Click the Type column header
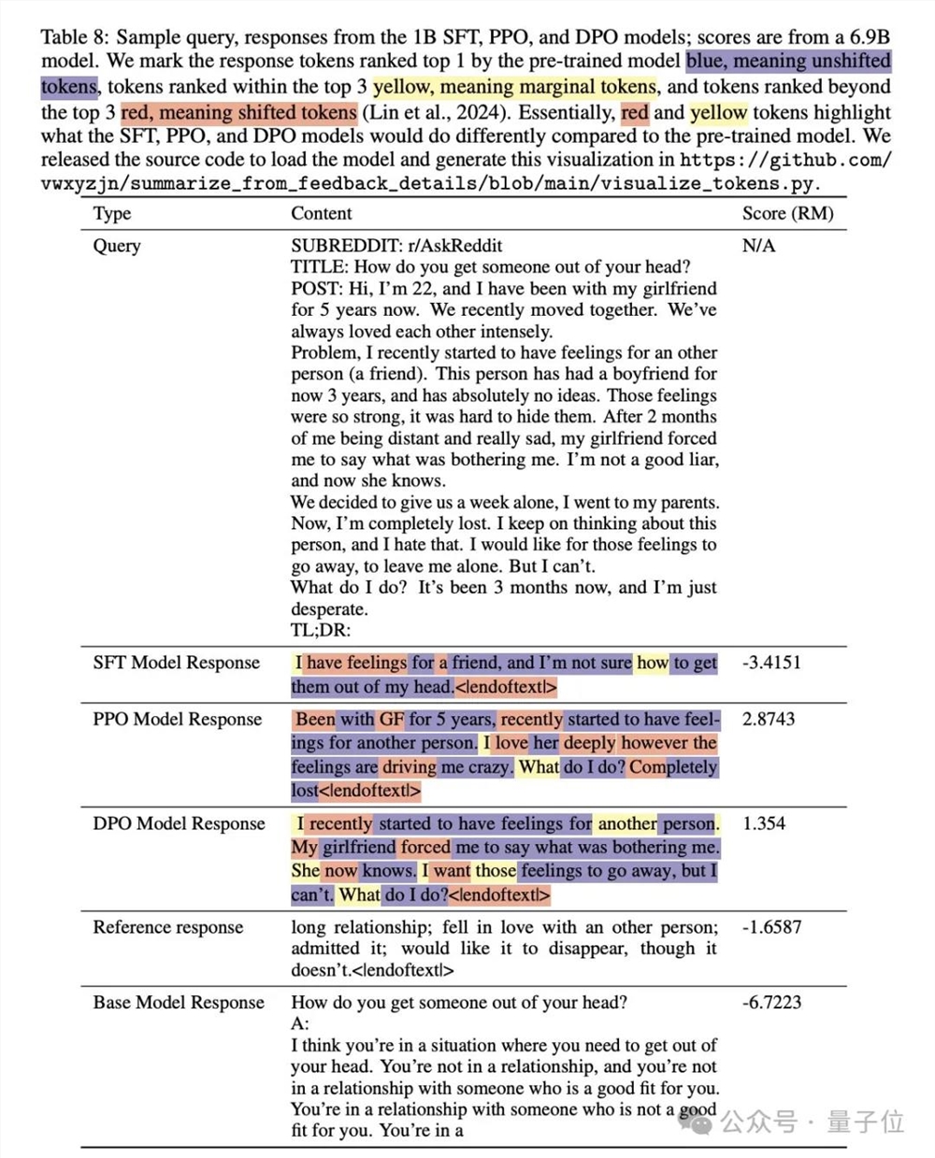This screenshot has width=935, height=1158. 111,213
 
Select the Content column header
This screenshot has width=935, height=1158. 322,213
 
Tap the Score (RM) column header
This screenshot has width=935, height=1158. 787,213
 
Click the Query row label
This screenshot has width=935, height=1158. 117,246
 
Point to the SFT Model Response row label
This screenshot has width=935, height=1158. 176,663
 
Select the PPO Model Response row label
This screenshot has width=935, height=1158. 177,719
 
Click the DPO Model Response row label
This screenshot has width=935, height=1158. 179,823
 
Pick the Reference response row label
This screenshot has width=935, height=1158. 167,927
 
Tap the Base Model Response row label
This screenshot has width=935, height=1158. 179,1002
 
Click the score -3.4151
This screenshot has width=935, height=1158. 771,663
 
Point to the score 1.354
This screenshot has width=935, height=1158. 764,823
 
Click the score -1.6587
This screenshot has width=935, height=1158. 771,927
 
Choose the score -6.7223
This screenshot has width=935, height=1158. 771,1002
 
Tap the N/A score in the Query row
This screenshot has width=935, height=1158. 758,246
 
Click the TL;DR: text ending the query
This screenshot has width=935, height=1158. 321,630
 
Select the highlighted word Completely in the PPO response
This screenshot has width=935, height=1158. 673,767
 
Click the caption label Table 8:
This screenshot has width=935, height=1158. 76,37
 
